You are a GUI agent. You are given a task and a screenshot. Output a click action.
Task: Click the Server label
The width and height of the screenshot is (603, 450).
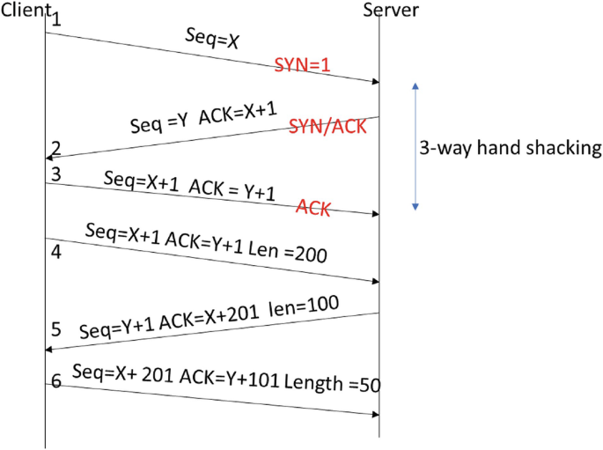tap(390, 10)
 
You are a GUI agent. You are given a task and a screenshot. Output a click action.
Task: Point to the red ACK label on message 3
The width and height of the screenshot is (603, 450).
tap(313, 208)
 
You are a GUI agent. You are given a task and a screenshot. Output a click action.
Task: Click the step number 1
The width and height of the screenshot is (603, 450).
tap(56, 19)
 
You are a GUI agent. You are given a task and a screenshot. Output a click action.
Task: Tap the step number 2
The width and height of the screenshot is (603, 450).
tap(55, 147)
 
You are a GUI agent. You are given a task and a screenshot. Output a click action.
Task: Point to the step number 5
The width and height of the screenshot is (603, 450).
tap(55, 329)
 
